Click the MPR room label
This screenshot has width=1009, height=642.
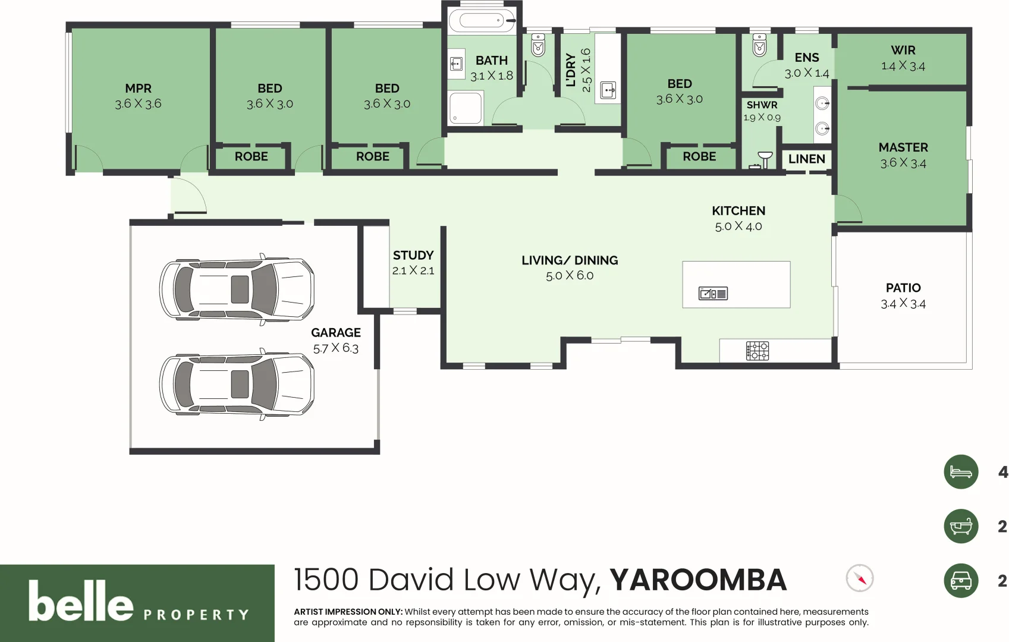coord(138,89)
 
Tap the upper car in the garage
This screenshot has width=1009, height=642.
coord(237,289)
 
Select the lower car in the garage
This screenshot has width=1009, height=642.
coord(237,384)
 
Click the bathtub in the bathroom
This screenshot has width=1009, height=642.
coord(482,21)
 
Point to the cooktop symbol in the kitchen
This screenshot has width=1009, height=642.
coord(757,351)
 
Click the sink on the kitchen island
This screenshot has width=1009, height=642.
coord(713,294)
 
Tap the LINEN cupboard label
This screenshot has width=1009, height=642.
coord(806,159)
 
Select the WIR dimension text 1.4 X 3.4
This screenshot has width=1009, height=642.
coord(903,66)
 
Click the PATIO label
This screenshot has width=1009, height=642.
coord(903,288)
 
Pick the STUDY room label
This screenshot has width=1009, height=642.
coord(413,256)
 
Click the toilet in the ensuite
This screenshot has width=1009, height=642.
coord(759,45)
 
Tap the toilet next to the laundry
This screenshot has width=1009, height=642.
coord(538,45)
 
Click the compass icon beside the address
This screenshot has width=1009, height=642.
coord(859,578)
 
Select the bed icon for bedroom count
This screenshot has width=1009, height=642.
coord(960,472)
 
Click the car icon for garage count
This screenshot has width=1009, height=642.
coord(960,580)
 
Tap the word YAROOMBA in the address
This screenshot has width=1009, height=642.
coord(698,580)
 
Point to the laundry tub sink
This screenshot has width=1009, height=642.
coord(608,90)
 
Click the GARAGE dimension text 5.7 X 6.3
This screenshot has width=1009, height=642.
coord(335,348)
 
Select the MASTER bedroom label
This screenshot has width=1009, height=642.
coord(903,147)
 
